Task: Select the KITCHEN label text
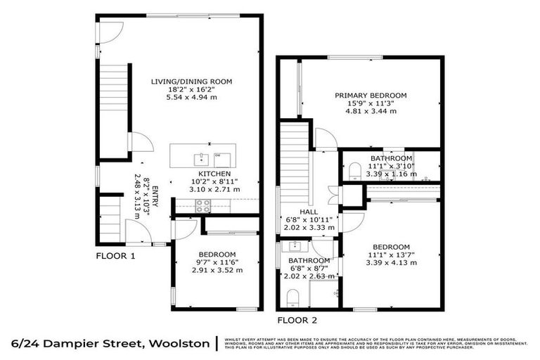[212, 174]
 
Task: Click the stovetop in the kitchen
[202, 205]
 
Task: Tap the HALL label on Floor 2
[309, 211]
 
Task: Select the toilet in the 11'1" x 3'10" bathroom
[354, 171]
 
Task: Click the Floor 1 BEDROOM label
[217, 254]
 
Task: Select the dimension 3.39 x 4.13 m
[392, 263]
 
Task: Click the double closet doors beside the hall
[333, 195]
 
